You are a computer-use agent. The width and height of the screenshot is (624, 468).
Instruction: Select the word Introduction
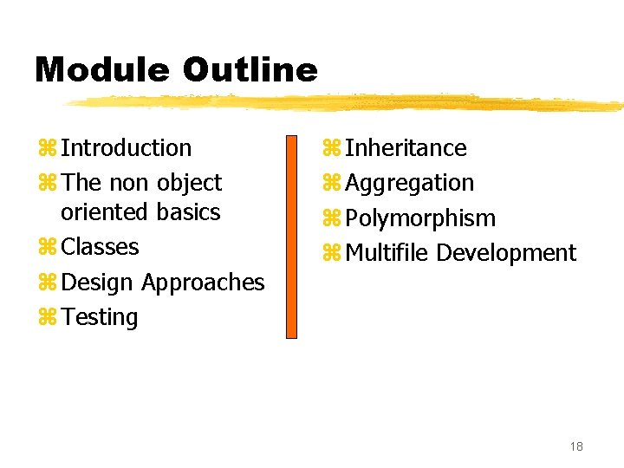126,148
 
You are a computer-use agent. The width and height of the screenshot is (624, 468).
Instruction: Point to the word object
189,183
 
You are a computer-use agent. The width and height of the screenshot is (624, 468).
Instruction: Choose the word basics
189,212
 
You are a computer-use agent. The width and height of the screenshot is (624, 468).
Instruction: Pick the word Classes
100,247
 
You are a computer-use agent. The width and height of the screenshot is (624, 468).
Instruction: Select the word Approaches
203,283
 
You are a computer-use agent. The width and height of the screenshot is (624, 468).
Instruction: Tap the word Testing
100,317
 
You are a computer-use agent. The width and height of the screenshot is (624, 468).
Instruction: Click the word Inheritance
406,148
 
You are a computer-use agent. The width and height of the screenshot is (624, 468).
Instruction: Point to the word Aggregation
409,183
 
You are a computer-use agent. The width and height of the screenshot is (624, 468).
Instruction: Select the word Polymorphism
420,218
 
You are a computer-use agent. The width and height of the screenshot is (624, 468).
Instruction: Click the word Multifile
387,253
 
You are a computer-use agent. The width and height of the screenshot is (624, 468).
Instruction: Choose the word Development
506,253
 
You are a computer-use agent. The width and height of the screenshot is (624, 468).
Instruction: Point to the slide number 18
576,446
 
